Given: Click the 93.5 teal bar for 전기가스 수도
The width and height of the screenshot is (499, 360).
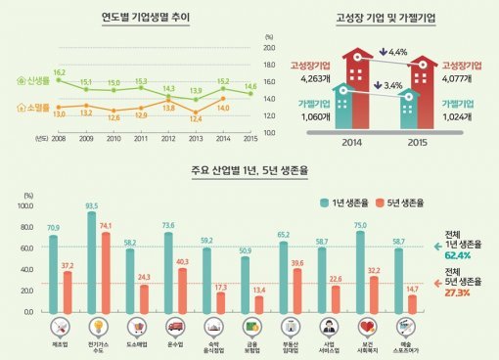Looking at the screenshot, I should point(92,262).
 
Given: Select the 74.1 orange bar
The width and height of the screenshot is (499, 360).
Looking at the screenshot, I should point(105,272).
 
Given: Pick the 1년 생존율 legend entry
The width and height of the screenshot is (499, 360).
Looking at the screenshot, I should point(342,202).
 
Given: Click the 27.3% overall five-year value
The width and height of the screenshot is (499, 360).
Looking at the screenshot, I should point(451,292).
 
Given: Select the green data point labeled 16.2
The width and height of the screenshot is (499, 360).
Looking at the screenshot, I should point(59,80).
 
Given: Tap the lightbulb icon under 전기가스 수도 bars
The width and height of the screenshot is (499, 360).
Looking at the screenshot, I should point(98,327).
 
